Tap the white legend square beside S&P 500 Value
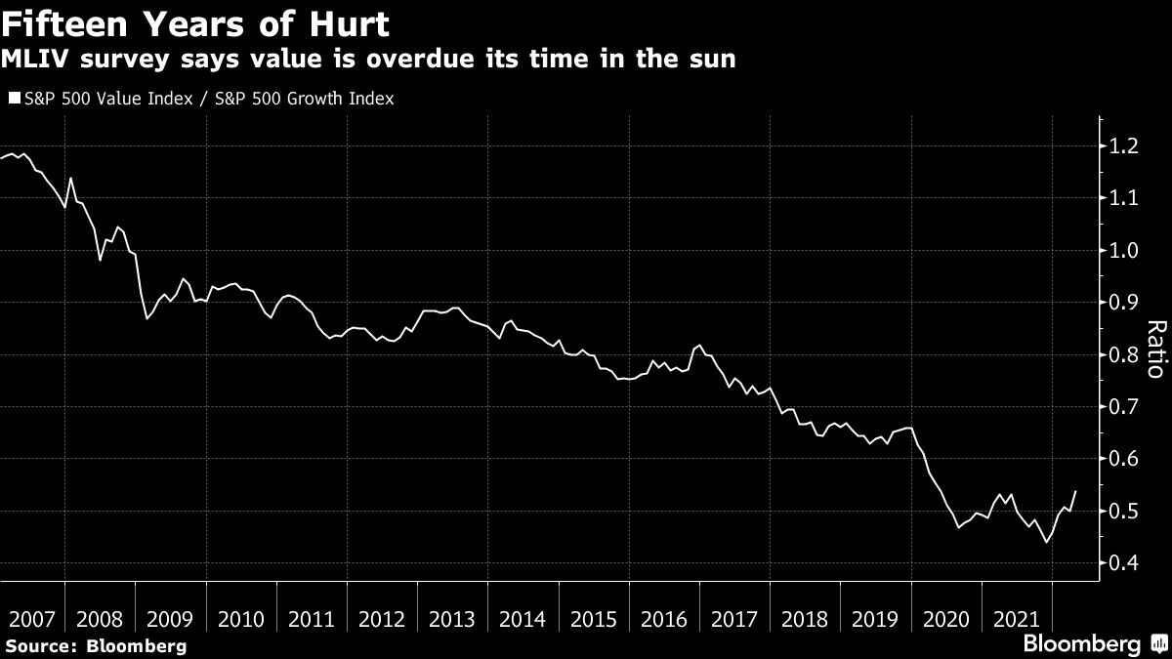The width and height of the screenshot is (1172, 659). [x=13, y=99]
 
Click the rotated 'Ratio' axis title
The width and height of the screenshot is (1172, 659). [x=1154, y=349]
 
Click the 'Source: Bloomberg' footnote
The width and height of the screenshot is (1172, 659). [x=95, y=645]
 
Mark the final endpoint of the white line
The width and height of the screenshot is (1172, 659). [x=1076, y=491]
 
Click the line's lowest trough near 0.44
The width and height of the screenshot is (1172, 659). [x=1047, y=542]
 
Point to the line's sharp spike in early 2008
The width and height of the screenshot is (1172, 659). [x=70, y=178]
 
